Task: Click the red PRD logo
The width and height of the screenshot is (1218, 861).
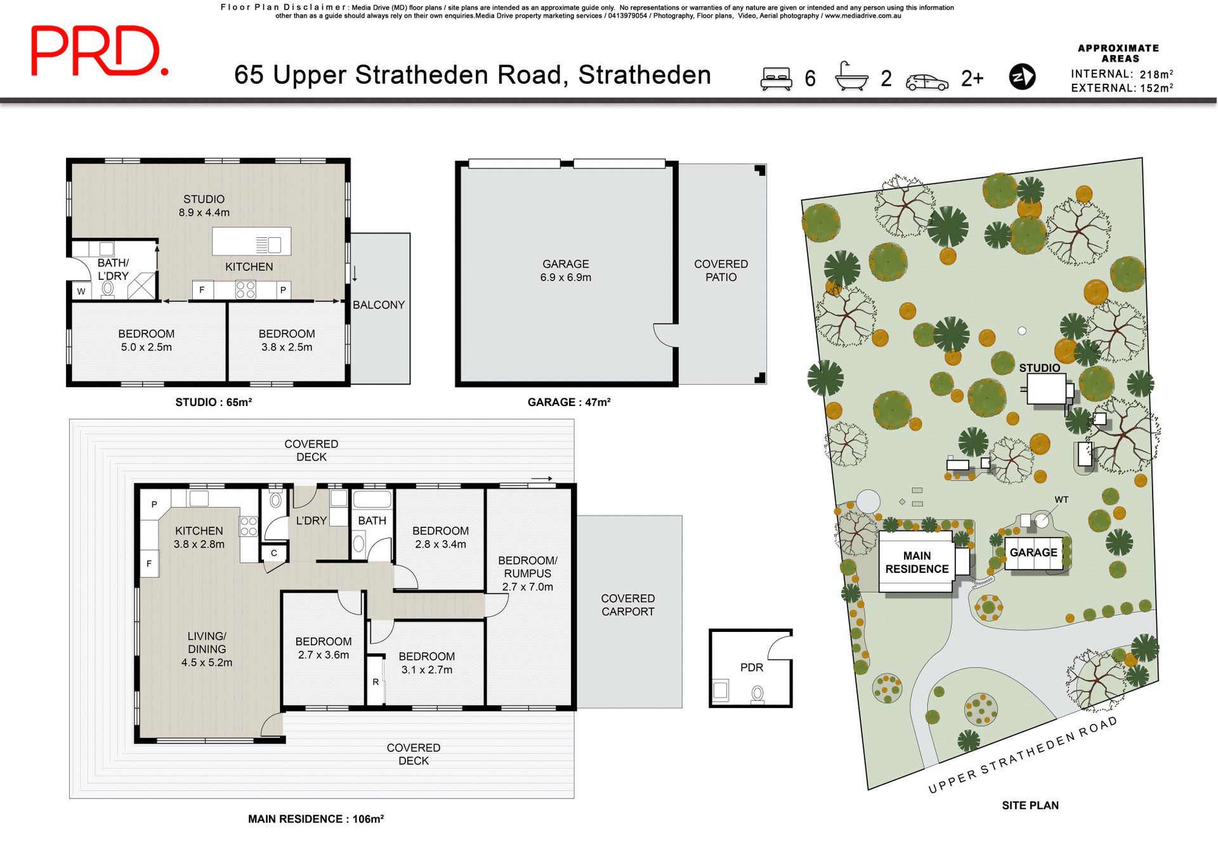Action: tap(98, 51)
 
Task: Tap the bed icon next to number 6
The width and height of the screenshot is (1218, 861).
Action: tap(776, 79)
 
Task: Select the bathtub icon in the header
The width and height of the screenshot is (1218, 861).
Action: tap(851, 77)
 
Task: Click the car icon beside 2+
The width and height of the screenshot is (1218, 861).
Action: tap(927, 82)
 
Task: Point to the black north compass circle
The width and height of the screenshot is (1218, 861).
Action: tap(1022, 77)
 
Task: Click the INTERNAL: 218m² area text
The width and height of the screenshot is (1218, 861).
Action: tap(1122, 74)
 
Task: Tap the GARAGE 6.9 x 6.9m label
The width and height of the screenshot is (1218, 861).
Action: tap(565, 270)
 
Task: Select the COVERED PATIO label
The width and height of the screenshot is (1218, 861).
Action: tap(721, 270)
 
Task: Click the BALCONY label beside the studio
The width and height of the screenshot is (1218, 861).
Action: tap(379, 305)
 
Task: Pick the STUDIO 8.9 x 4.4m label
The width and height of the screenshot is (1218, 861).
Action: tap(204, 206)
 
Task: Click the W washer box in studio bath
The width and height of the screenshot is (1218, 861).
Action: tap(81, 291)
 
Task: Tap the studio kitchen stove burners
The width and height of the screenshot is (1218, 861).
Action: tap(246, 290)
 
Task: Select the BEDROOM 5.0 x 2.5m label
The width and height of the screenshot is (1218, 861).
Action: tap(146, 340)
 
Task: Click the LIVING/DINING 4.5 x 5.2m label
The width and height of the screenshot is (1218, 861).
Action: tap(207, 649)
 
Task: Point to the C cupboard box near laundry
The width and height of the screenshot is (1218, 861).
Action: tap(274, 553)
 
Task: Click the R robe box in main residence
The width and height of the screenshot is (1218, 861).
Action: tap(376, 682)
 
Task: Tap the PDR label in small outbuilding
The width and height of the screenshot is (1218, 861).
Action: tap(752, 667)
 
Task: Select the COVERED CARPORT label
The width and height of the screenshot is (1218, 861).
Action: tap(627, 605)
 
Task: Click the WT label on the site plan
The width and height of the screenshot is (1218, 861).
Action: tap(1061, 500)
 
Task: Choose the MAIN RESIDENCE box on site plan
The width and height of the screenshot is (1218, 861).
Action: tap(917, 563)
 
